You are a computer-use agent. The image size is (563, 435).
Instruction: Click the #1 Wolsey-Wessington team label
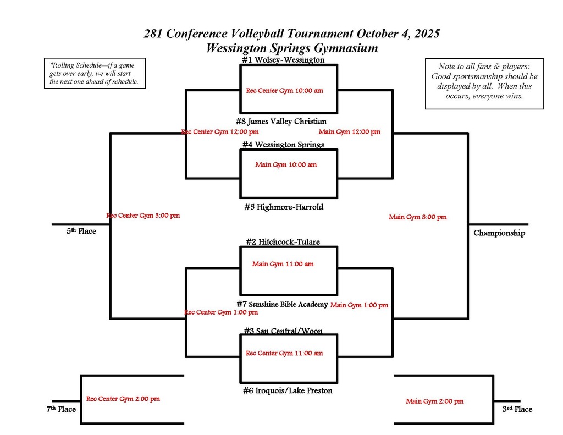(x=283, y=60)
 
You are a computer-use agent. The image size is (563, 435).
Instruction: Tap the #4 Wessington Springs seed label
(x=283, y=145)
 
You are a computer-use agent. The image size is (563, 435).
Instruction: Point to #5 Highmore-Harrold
(x=283, y=207)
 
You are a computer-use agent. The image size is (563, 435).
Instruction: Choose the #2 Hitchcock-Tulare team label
(x=283, y=241)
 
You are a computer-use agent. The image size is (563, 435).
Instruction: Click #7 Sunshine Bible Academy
(x=282, y=304)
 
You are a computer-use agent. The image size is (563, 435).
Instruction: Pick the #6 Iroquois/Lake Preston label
(x=287, y=390)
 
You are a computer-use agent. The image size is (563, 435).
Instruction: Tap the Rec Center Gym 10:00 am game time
(x=284, y=91)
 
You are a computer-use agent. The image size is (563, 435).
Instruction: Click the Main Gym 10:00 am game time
(x=286, y=164)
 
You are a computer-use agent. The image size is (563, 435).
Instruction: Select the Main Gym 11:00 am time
(x=283, y=264)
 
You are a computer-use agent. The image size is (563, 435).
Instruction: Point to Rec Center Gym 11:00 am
(x=284, y=353)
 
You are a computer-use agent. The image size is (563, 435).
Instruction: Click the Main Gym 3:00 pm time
(x=417, y=217)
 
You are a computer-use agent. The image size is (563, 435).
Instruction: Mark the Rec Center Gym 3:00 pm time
(x=143, y=216)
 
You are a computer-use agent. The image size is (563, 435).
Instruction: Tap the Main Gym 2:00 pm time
(x=434, y=401)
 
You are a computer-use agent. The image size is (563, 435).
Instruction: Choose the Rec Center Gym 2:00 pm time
(x=123, y=399)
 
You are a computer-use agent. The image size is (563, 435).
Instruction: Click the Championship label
(x=499, y=233)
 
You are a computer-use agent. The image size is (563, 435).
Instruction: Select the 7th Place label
(x=60, y=409)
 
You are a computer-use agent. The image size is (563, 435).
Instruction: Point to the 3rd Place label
(x=517, y=409)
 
